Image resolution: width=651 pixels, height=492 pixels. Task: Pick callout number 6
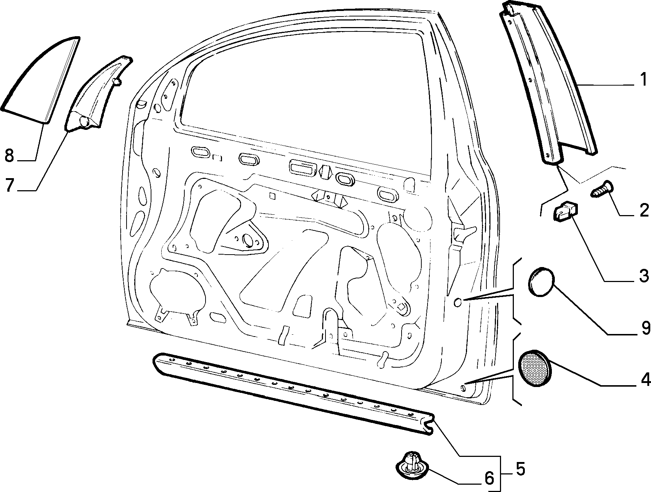tap(489, 478)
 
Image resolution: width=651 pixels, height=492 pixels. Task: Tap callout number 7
tap(10, 185)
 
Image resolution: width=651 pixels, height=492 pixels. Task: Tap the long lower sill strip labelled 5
tap(293, 393)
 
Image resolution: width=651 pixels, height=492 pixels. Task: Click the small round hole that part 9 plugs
tap(458, 302)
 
